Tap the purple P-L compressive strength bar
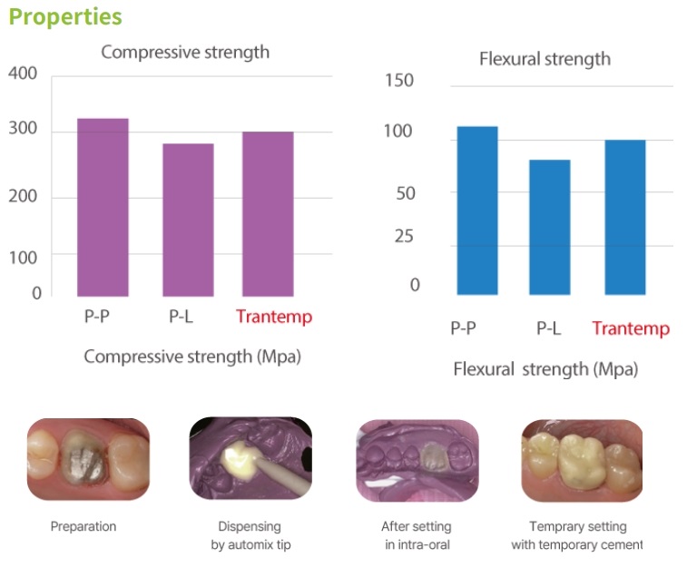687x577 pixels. coord(188,220)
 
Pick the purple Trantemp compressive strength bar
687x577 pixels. coord(268,213)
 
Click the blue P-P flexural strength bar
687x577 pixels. coord(477,210)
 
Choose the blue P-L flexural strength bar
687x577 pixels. coord(550,227)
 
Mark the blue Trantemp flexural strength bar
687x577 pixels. coord(624,217)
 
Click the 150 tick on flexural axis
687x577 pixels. coord(399,81)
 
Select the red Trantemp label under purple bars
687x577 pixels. coord(273,317)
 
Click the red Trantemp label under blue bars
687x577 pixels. coord(631,328)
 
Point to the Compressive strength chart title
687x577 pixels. coord(185,52)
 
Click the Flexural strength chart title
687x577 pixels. coord(545,60)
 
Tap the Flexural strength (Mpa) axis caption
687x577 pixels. coord(545,369)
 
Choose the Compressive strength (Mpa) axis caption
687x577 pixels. coord(192,357)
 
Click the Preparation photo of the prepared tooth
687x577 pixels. coord(88,459)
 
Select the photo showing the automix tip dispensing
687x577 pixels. coord(250,460)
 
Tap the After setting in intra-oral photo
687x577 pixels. coord(417,460)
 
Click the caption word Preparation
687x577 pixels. coord(83,526)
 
